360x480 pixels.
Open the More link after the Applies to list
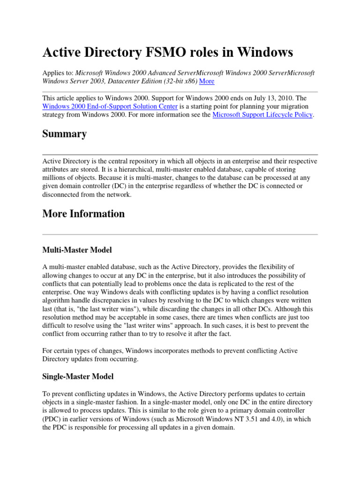pyautogui.click(x=207, y=81)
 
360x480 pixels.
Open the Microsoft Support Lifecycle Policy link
pyautogui.click(x=262, y=114)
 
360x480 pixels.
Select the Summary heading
pyautogui.click(x=64, y=134)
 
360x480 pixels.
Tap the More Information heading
pyautogui.click(x=83, y=214)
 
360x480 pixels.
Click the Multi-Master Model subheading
pyautogui.click(x=77, y=249)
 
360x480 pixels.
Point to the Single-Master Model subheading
pyautogui.click(x=78, y=376)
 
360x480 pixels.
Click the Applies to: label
pyautogui.click(x=58, y=73)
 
